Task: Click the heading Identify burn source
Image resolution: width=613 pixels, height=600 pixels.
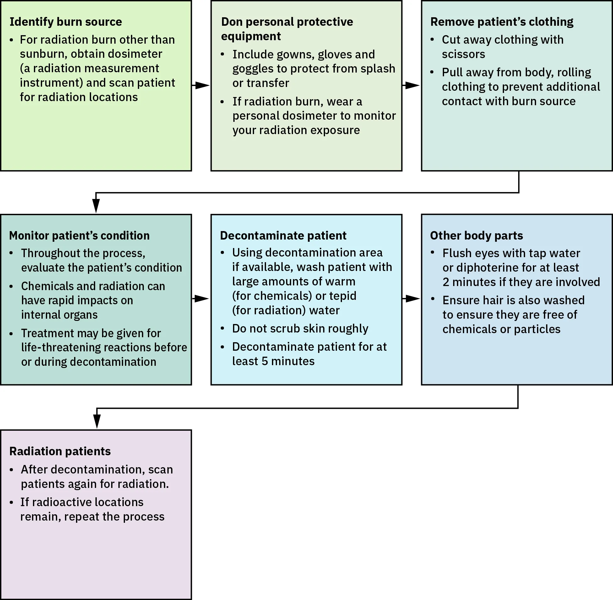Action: (x=66, y=22)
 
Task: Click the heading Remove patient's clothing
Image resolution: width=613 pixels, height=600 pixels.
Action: (x=502, y=22)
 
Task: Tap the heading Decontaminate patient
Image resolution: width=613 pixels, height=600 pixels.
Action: (x=283, y=235)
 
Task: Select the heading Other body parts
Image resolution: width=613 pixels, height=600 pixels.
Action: (x=476, y=235)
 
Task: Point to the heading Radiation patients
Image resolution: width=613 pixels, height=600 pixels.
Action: (x=60, y=451)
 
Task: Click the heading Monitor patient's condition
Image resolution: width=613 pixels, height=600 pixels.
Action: (x=79, y=235)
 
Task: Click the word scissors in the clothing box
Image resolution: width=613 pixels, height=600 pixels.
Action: (x=463, y=54)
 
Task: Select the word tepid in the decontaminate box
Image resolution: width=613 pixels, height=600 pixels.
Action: (x=342, y=295)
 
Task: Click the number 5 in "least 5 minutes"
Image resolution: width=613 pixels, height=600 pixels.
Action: (x=265, y=361)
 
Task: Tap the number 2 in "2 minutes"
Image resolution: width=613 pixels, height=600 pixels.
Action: (x=446, y=282)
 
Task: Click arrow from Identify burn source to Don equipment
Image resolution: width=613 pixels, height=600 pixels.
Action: (x=201, y=85)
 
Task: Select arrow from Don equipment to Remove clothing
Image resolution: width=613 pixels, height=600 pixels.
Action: (x=411, y=85)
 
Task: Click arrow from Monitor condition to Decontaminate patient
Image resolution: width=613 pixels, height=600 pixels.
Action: (x=201, y=298)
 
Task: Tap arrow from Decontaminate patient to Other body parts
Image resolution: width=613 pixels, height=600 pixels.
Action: (x=411, y=298)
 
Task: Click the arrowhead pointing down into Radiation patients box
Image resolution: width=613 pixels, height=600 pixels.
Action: (x=97, y=421)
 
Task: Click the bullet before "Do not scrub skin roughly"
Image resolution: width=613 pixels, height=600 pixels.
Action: (x=223, y=328)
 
